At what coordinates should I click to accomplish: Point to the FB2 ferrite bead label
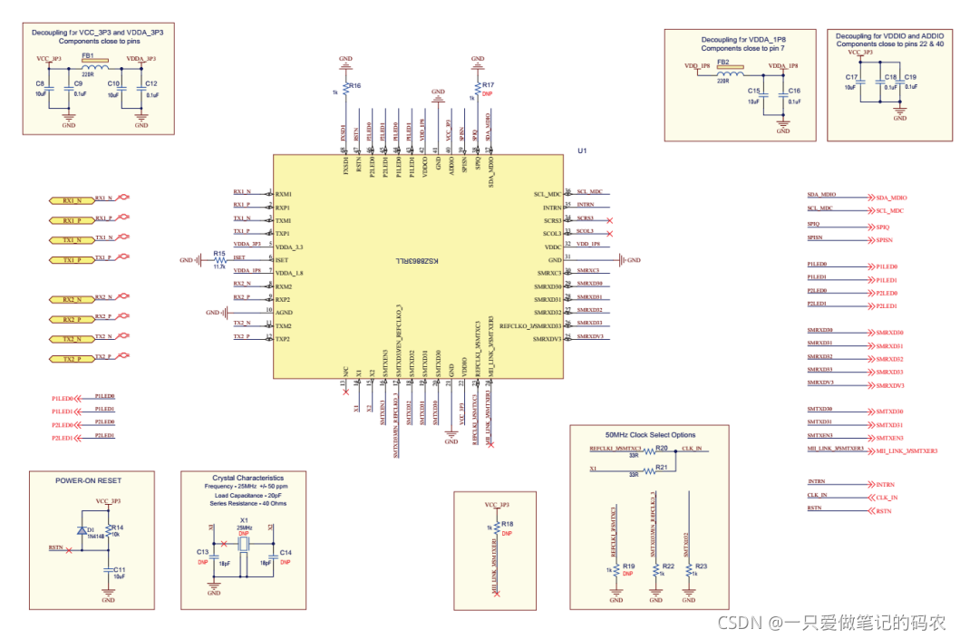pyautogui.click(x=723, y=62)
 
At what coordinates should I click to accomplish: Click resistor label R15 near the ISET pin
pyautogui.click(x=219, y=253)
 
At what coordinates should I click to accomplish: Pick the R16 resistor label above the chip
pyautogui.click(x=354, y=85)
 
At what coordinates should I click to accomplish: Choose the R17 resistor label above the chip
pyautogui.click(x=488, y=85)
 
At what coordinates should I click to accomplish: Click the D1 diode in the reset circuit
pyautogui.click(x=91, y=529)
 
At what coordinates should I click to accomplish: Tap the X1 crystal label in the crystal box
pyautogui.click(x=244, y=520)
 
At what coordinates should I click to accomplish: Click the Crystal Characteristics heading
pyautogui.click(x=247, y=478)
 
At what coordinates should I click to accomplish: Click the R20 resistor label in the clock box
pyautogui.click(x=662, y=448)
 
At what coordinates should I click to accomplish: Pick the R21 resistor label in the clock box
pyautogui.click(x=662, y=467)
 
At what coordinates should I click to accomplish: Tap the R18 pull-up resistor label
pyautogui.click(x=508, y=524)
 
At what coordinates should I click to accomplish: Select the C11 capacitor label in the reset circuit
pyautogui.click(x=120, y=568)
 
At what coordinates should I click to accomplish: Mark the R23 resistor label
pyautogui.click(x=701, y=566)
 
